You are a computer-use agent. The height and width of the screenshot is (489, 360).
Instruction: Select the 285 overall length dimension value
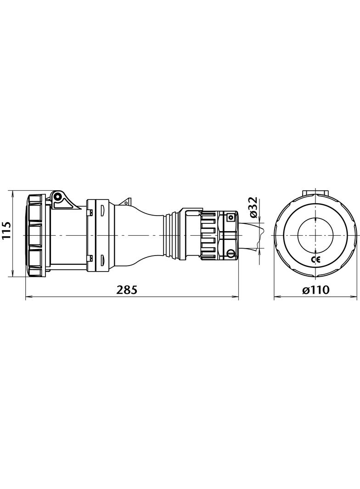coord(127,290)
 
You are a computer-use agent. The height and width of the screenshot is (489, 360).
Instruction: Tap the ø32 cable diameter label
coord(252,207)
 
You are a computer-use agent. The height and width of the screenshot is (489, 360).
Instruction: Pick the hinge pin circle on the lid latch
coord(58,197)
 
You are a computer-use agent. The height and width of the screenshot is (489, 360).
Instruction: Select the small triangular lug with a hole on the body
coord(125,201)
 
